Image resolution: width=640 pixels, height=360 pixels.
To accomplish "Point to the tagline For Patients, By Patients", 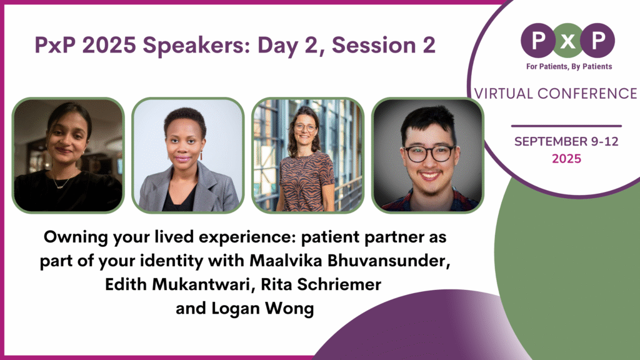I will pos(567,66).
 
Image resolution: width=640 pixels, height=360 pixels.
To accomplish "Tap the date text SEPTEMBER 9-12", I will pos(566,142).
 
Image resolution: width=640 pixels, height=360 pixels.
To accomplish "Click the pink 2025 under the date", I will pos(566,159).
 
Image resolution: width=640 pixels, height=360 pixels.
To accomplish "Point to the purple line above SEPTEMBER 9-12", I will pos(566,126).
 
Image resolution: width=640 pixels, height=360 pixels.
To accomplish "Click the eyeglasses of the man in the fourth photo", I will pos(429,152).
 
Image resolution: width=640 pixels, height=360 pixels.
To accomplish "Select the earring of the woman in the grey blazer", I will pos(201,155).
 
